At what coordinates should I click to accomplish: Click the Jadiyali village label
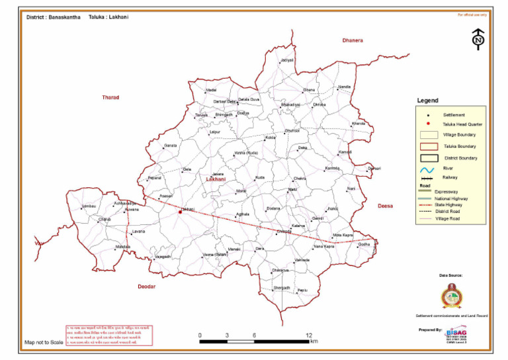(x=286, y=60)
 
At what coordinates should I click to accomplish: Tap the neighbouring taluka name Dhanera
(x=353, y=40)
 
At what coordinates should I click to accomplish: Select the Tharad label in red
(x=110, y=97)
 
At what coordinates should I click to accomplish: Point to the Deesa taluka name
(x=385, y=206)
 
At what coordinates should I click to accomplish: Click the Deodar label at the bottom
(x=146, y=286)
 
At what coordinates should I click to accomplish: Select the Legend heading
(x=427, y=101)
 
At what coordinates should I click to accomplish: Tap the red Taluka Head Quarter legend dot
(x=429, y=124)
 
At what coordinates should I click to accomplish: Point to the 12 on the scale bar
(x=309, y=336)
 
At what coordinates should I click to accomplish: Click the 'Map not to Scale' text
(x=44, y=343)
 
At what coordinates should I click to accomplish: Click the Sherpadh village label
(x=282, y=288)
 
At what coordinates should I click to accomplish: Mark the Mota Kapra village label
(x=343, y=235)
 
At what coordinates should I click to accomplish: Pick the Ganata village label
(x=170, y=145)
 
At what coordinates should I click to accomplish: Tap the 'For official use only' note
(x=472, y=14)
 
